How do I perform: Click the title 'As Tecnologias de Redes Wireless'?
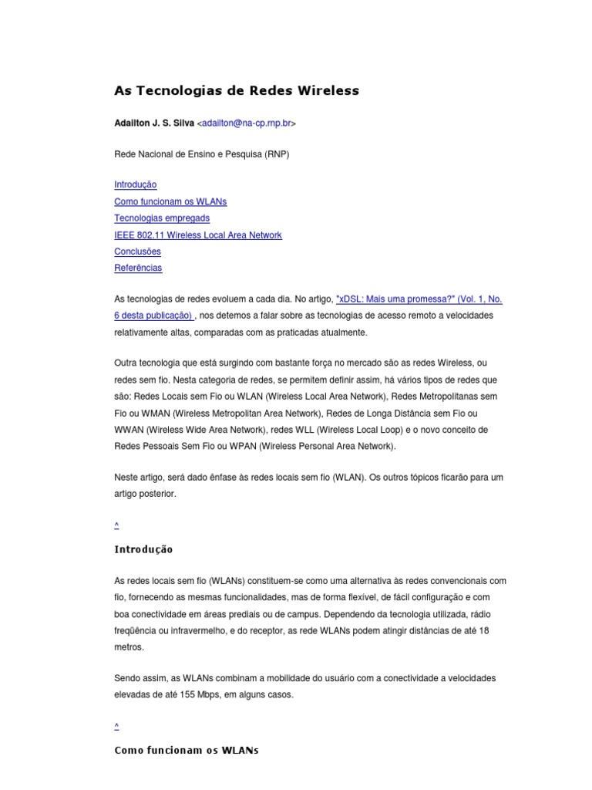(237, 90)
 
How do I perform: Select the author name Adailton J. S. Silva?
(154, 123)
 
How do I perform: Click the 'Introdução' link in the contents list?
(135, 184)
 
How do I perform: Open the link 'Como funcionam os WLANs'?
(170, 201)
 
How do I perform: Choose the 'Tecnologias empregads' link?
(162, 218)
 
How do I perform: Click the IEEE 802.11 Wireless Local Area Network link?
(198, 235)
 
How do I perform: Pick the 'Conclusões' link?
(137, 252)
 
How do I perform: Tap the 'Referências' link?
(138, 268)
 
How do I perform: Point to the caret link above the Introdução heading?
(116, 525)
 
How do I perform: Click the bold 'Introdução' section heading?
(143, 550)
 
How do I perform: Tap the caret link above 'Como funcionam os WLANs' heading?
(116, 726)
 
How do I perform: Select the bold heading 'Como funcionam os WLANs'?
(187, 751)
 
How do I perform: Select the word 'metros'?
(128, 647)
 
